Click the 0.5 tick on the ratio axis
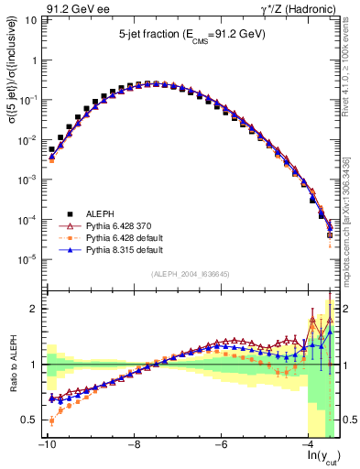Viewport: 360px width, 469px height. coord(29,420)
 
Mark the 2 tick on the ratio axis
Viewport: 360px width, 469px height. coord(33,309)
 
